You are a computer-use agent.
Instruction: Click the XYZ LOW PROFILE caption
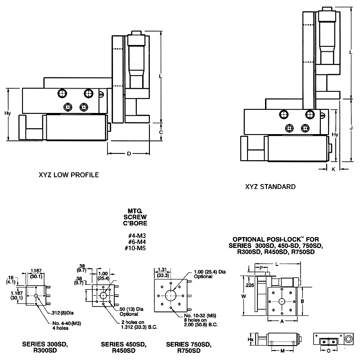click(68, 174)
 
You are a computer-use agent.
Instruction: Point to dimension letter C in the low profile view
click(161, 132)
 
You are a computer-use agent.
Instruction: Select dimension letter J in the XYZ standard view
click(351, 127)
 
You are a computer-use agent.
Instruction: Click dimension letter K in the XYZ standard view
click(333, 169)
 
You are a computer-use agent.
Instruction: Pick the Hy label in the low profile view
click(8, 113)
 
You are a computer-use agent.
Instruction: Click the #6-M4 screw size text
click(137, 242)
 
